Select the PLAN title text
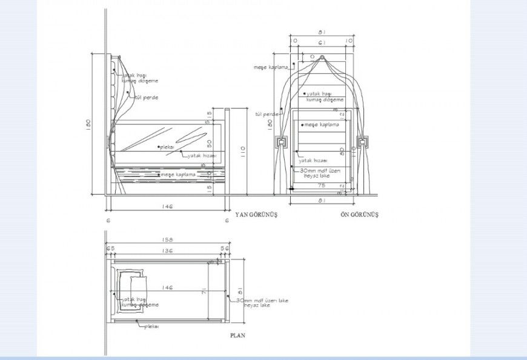[x=237, y=335]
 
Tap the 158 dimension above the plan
[x=168, y=238]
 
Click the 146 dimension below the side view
[x=168, y=207]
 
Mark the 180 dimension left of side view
[x=88, y=124]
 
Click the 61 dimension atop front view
[x=322, y=42]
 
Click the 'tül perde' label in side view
[x=147, y=97]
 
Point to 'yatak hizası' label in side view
[x=201, y=156]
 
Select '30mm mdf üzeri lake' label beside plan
[x=262, y=301]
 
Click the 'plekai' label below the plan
[x=151, y=326]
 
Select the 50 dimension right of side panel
[x=208, y=142]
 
